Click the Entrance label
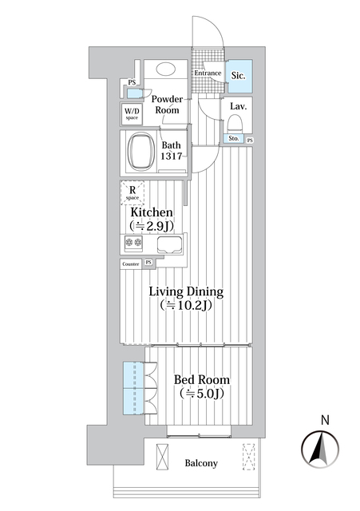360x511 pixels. click(x=208, y=73)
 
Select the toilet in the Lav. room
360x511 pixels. click(x=235, y=125)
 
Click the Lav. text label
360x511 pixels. click(x=237, y=106)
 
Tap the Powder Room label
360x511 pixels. click(x=168, y=105)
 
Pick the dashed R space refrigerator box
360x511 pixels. click(x=133, y=192)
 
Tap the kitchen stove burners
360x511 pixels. click(x=133, y=245)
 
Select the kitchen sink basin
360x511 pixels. click(x=169, y=245)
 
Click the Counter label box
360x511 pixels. click(x=131, y=263)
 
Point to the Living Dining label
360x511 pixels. click(x=187, y=291)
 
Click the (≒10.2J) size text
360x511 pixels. click(x=187, y=306)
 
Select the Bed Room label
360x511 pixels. click(x=202, y=379)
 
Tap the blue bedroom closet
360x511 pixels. click(x=133, y=389)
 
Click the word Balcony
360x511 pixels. click(x=201, y=464)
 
